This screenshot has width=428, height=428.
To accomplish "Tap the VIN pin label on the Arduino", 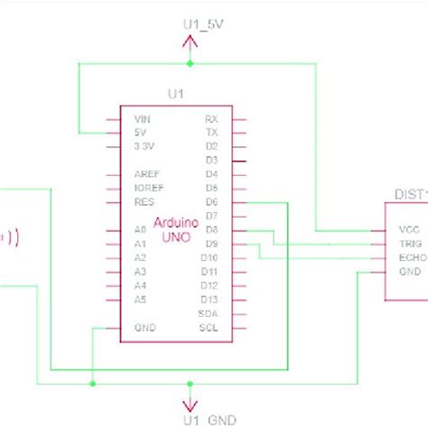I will [x=142, y=118].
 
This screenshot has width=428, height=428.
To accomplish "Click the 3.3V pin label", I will [x=144, y=145].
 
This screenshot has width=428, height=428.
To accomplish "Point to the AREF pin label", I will [x=145, y=174].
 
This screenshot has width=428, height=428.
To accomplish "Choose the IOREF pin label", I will [x=147, y=188].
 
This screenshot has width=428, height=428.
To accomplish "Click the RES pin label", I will [x=141, y=202].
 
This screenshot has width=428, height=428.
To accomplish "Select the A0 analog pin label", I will [x=139, y=230].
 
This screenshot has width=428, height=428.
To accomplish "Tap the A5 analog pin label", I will [x=139, y=299].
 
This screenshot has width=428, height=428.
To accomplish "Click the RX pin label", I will [x=211, y=118].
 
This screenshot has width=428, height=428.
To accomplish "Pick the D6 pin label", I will [x=211, y=202].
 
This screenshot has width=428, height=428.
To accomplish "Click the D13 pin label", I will [x=209, y=299].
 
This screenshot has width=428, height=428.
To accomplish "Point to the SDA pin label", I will [x=209, y=312].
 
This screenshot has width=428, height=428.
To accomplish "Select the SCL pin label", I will [x=209, y=327].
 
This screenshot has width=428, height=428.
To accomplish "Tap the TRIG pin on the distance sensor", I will [x=410, y=244].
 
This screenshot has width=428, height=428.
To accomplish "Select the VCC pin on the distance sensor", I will [x=410, y=230].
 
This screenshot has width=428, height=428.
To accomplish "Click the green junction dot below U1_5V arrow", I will [x=190, y=64].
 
